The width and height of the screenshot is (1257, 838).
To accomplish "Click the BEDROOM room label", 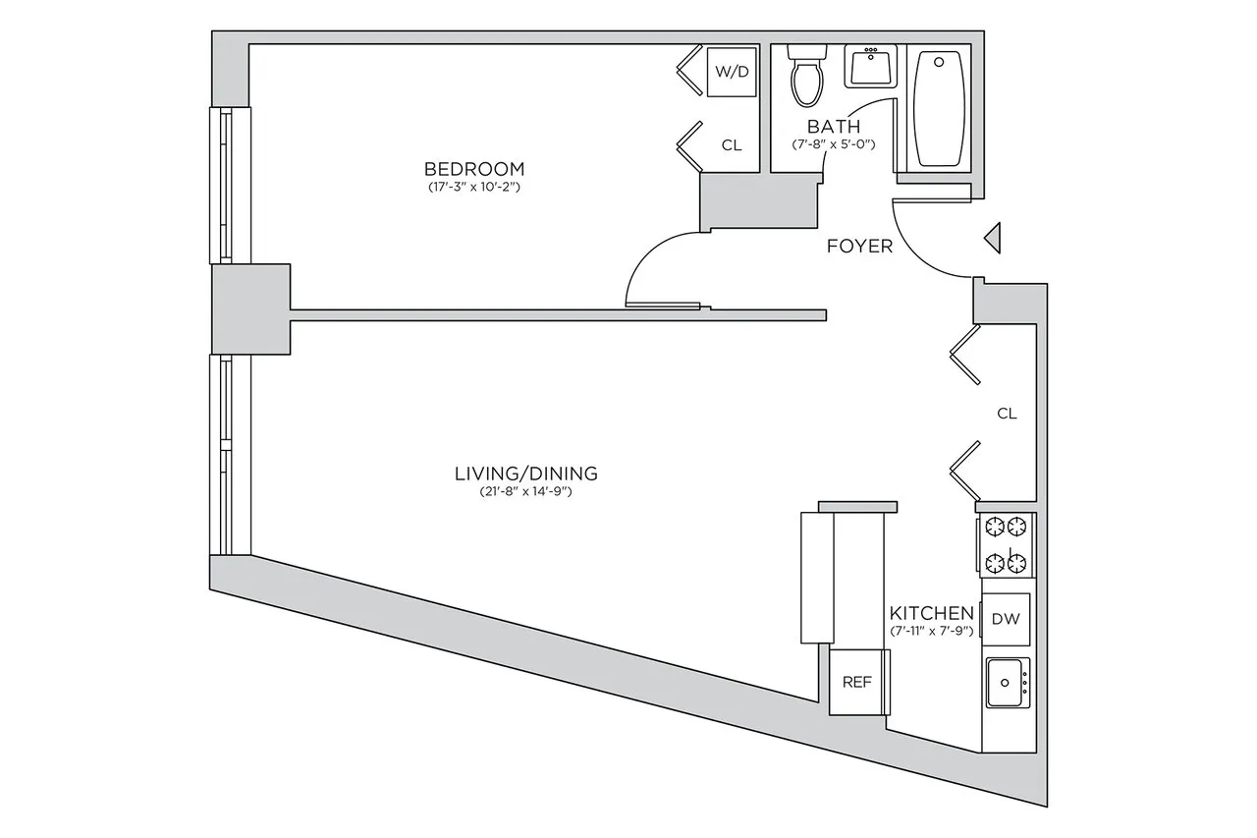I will [474, 169].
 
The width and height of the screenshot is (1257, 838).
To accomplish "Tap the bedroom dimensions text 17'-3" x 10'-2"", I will [473, 187].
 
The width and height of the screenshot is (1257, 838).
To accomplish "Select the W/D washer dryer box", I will [730, 72].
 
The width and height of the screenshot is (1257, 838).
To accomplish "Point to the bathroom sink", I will [869, 67].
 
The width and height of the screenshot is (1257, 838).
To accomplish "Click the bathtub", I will [940, 108].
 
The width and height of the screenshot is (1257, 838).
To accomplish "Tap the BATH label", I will [834, 127].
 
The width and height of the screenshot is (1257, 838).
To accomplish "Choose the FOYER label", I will [859, 246].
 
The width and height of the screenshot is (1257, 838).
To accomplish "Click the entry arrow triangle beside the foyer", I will [993, 238].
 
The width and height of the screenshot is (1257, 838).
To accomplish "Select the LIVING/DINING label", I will [525, 474].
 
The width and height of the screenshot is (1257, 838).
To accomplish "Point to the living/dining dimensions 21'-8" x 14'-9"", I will [525, 491].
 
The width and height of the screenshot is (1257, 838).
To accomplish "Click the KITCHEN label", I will [931, 613].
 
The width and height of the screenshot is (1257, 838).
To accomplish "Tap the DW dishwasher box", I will [1004, 619].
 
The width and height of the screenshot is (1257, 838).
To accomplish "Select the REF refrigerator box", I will [857, 682].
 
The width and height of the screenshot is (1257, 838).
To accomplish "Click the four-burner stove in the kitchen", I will [1007, 544].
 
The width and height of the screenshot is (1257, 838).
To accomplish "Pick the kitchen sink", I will [1006, 682].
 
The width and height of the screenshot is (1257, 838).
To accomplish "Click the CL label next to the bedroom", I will [732, 145].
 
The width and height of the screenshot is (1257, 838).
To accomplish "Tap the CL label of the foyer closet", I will [1007, 414].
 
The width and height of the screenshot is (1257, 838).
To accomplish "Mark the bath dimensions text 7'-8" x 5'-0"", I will [834, 143].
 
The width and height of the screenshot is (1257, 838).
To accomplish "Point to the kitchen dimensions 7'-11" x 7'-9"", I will [931, 631].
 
